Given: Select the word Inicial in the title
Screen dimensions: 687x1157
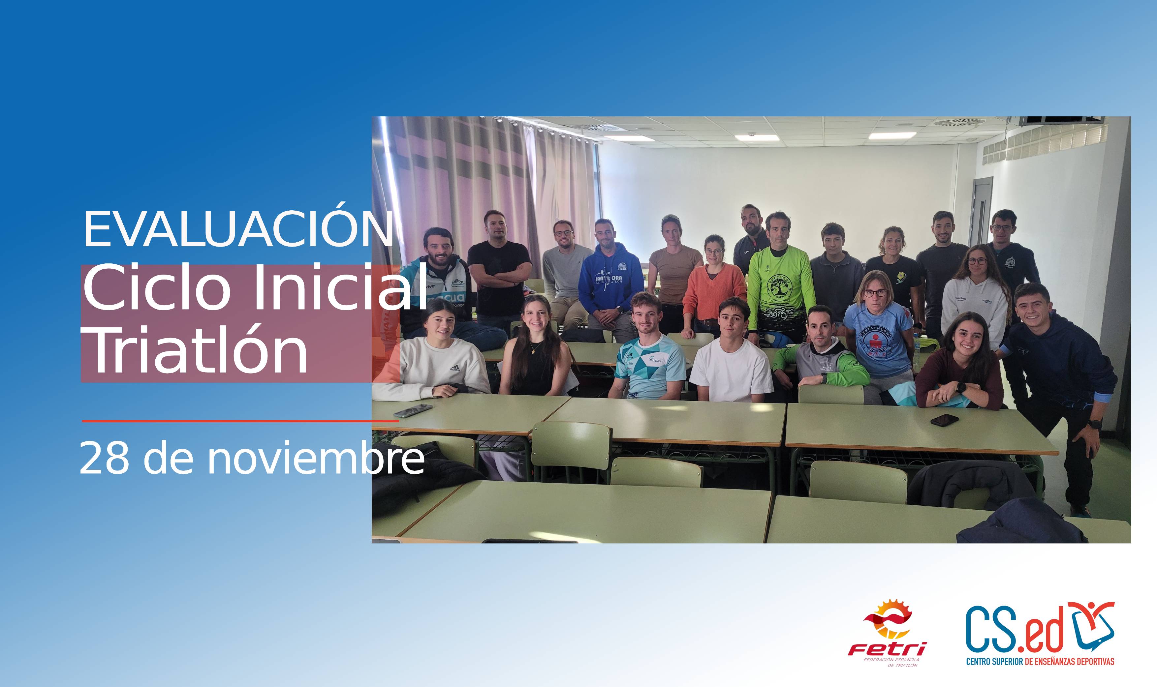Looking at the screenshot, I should (340, 288).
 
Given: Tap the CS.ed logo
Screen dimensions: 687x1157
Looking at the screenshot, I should (1040, 627).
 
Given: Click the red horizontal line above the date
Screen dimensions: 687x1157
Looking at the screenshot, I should (240, 421).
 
